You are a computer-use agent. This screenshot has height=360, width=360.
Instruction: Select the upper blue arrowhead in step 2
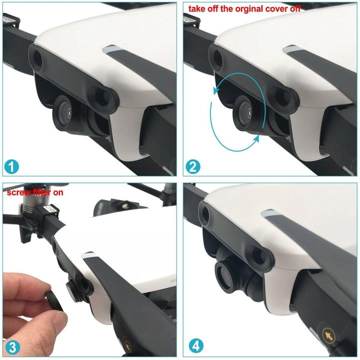tap(215, 89)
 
